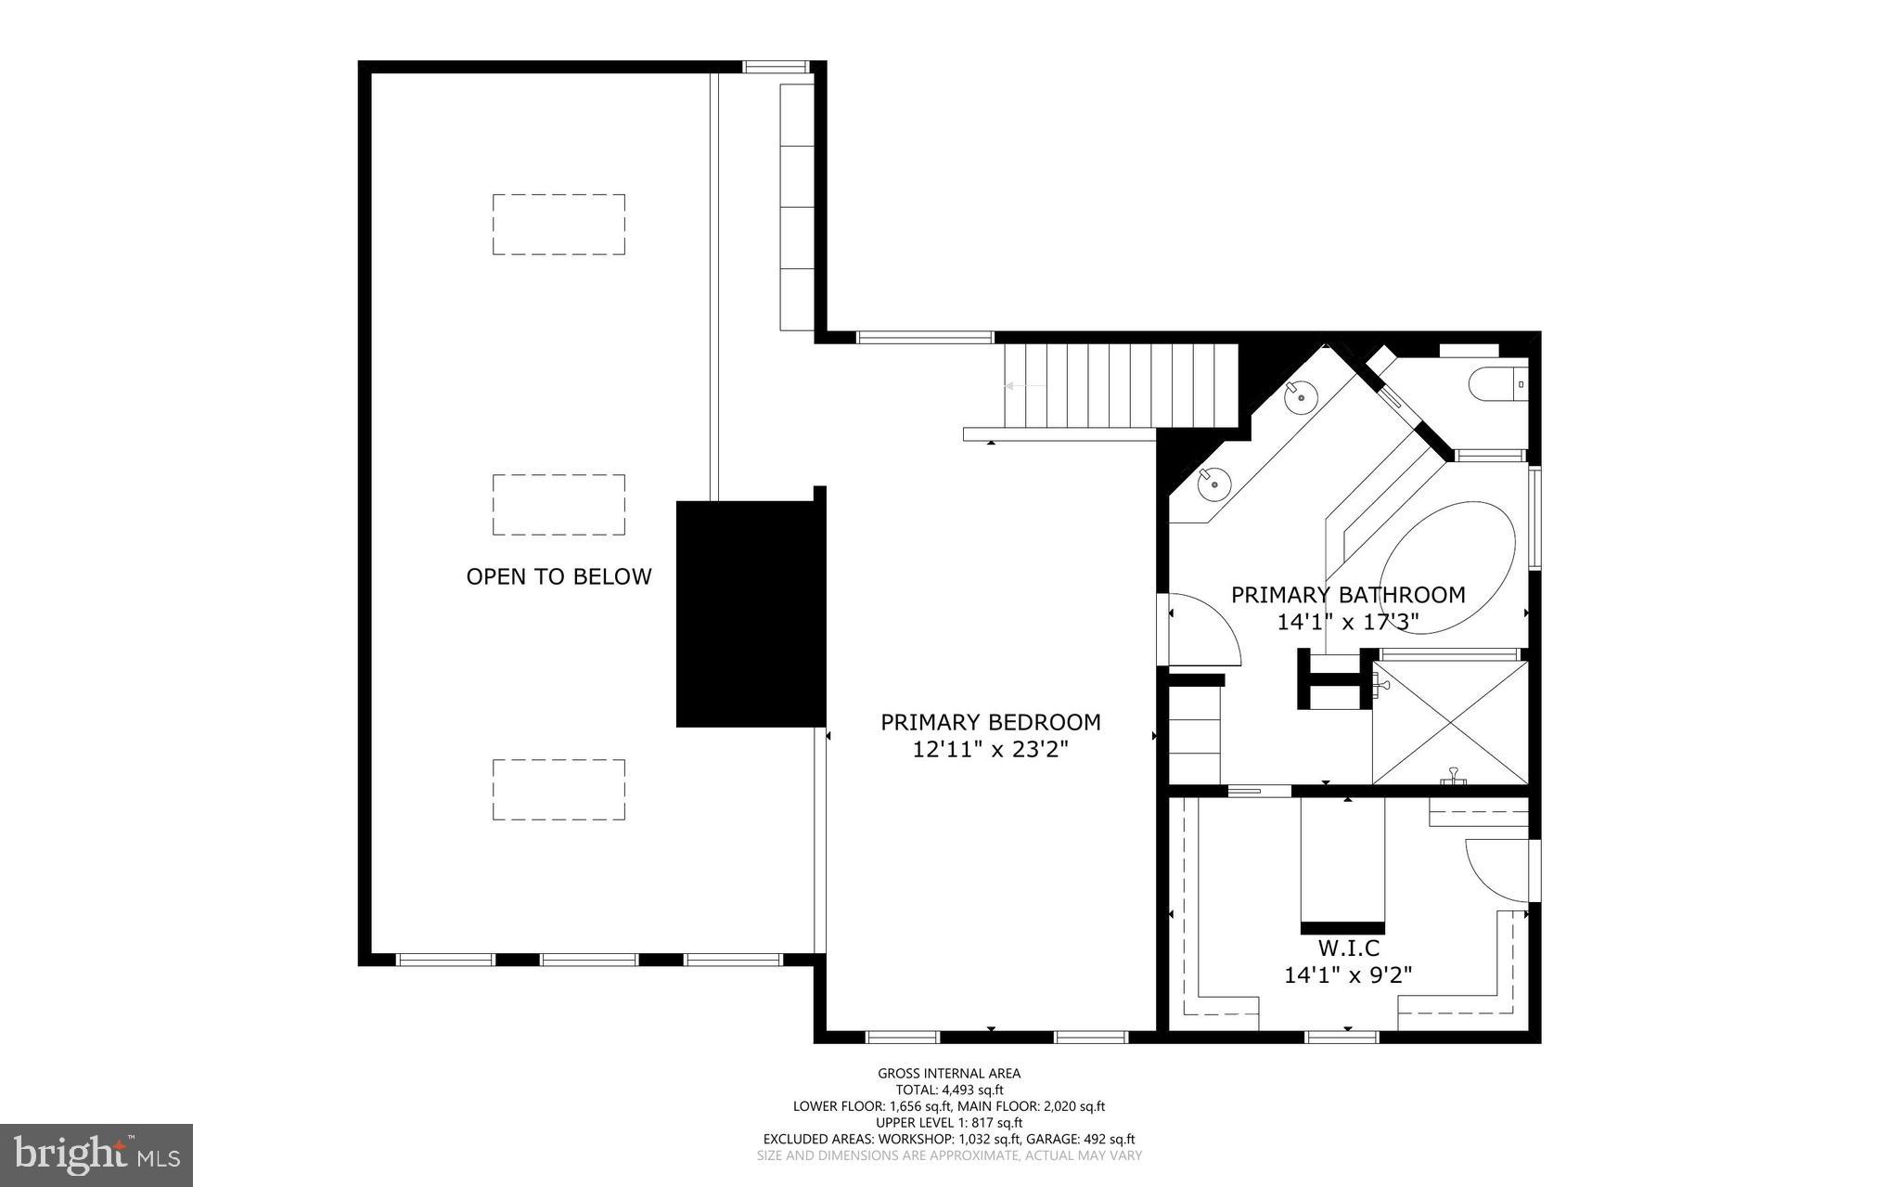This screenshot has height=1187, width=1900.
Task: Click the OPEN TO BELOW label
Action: point(558,576)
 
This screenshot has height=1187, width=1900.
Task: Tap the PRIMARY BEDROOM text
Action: point(990,722)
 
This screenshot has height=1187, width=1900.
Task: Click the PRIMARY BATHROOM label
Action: point(1347,595)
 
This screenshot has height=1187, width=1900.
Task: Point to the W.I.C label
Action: point(1348,948)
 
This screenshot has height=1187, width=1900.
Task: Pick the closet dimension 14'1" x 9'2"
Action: point(1347,975)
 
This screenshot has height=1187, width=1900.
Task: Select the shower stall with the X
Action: point(1449,722)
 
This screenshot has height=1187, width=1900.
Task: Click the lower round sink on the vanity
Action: point(1213,482)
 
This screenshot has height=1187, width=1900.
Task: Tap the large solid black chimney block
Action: point(750,613)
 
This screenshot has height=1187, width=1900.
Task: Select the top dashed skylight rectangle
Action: point(558,224)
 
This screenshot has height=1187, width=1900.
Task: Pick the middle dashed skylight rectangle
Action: point(558,504)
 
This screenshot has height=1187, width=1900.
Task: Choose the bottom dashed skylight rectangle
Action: point(558,789)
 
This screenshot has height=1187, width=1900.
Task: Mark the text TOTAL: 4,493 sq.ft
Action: point(949,1090)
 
